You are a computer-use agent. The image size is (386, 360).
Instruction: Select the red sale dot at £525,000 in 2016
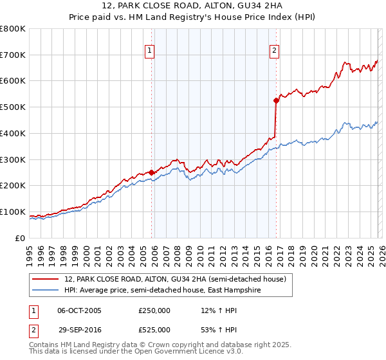(276, 100)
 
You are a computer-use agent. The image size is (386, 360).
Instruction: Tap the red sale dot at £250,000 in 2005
(151, 172)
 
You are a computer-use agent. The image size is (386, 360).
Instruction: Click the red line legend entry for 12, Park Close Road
(179, 279)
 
